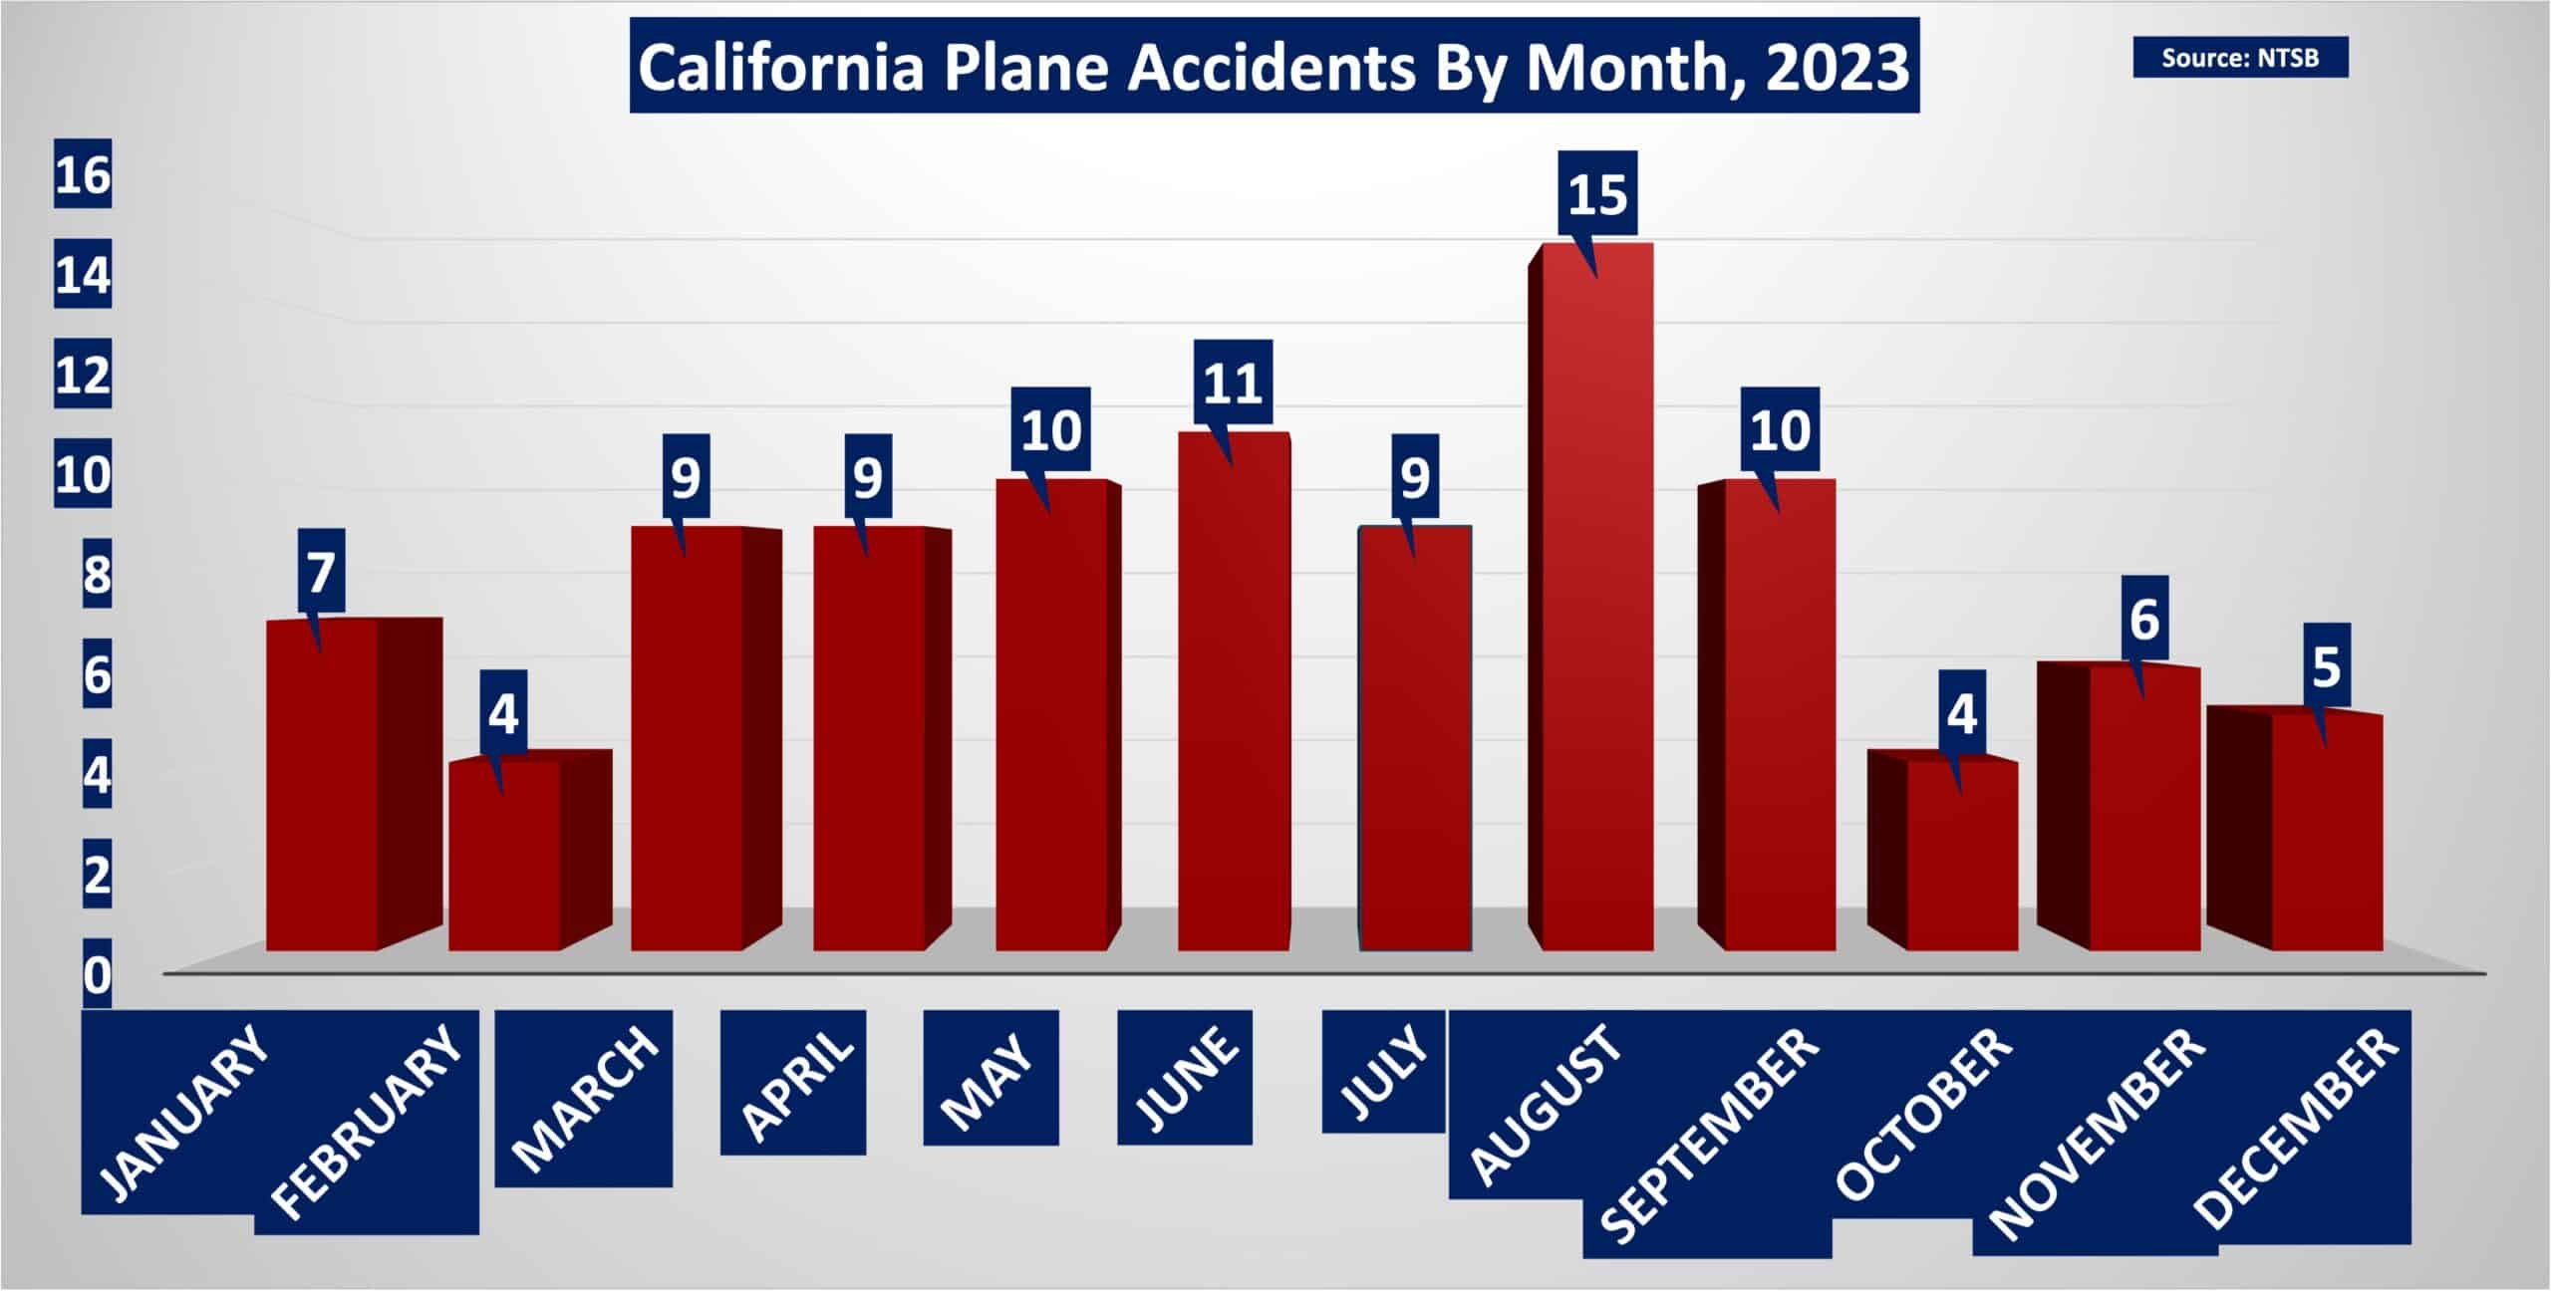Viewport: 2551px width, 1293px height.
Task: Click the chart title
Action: [x=1274, y=67]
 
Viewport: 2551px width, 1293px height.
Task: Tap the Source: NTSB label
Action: [x=2240, y=58]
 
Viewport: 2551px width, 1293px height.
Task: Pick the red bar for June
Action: [x=1234, y=690]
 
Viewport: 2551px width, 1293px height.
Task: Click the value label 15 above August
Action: [x=1597, y=196]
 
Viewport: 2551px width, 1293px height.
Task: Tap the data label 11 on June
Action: [x=1233, y=385]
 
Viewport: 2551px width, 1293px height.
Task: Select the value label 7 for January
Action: [x=320, y=574]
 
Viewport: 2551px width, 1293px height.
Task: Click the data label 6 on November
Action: [x=2144, y=621]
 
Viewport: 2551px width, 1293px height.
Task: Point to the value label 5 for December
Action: [x=2326, y=667]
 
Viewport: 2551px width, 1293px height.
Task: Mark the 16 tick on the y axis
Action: [x=83, y=177]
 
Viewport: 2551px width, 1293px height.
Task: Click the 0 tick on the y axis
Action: [x=97, y=976]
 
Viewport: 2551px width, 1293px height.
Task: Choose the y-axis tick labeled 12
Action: [x=83, y=377]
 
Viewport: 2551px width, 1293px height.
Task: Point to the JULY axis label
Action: [x=1383, y=1072]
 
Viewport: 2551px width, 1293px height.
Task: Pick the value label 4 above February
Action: [x=503, y=715]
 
